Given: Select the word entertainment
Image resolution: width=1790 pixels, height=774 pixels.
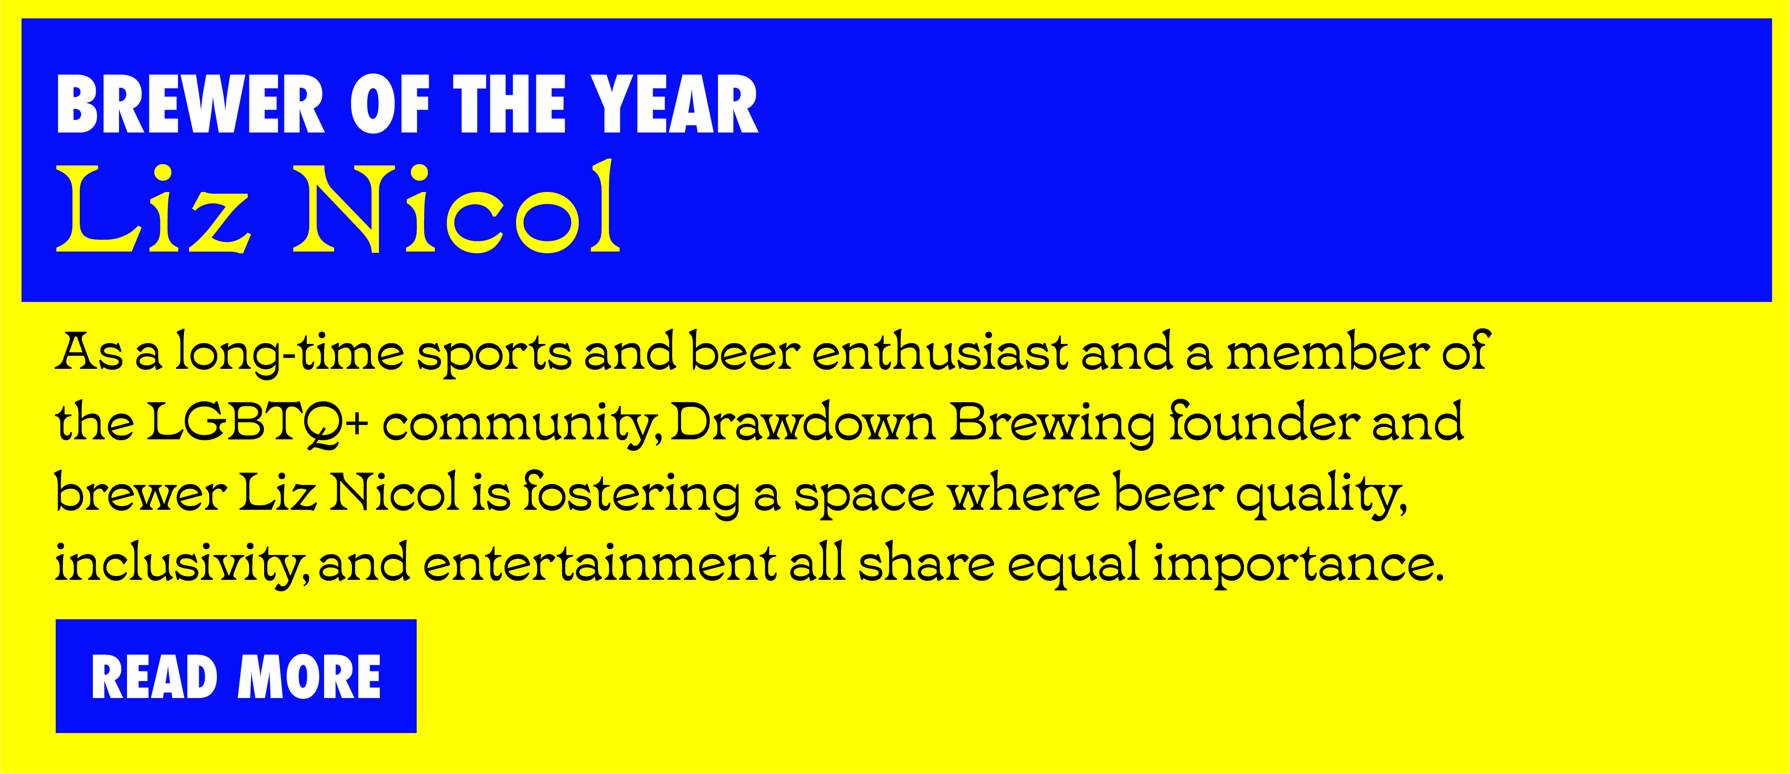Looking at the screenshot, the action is pyautogui.click(x=599, y=563).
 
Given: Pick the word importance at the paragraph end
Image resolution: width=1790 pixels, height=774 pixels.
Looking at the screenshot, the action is pyautogui.click(x=1298, y=565).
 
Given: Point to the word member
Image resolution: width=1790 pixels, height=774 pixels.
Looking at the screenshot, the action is pyautogui.click(x=1327, y=351).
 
